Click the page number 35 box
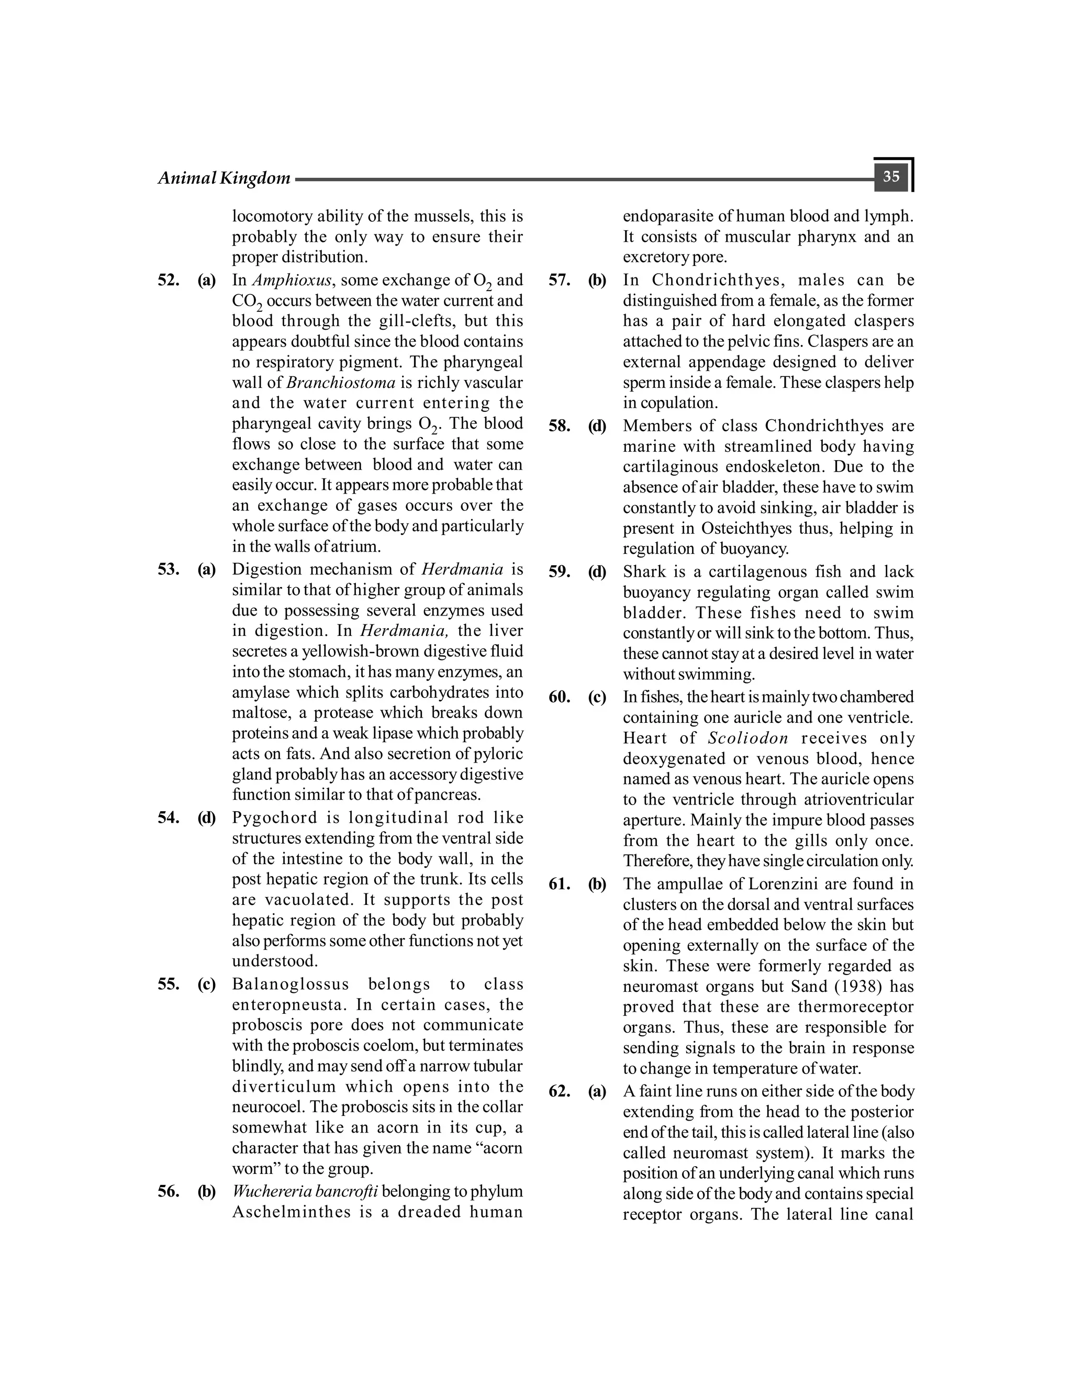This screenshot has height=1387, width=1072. [891, 176]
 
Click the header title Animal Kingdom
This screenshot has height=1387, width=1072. [224, 178]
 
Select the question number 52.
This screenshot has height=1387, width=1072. [169, 280]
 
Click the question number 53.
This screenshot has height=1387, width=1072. [169, 569]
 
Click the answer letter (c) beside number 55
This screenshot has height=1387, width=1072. [206, 985]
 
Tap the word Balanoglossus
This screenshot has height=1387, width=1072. [290, 985]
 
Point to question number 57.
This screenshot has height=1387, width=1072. [559, 280]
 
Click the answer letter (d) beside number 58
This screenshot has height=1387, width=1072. [597, 426]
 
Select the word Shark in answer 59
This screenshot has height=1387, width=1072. [644, 572]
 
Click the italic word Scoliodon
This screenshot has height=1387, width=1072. [747, 738]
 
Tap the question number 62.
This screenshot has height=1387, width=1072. [559, 1091]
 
